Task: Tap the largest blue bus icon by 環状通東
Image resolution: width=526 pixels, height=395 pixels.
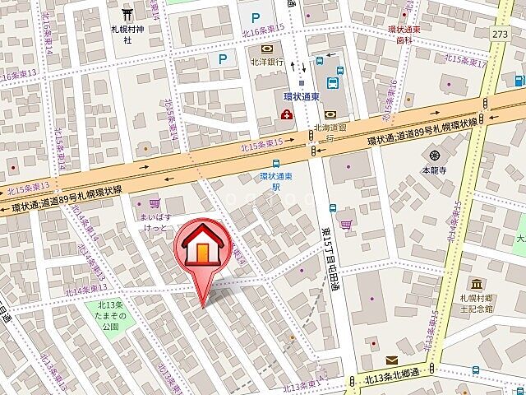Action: click(332, 82)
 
